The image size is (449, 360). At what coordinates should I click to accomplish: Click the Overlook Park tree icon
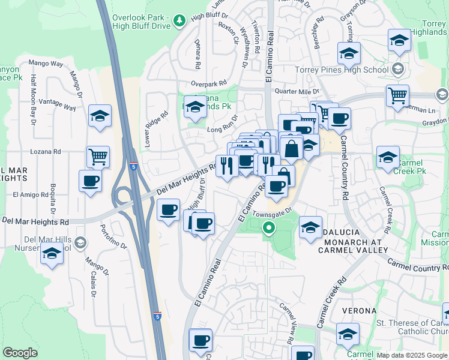[179, 21]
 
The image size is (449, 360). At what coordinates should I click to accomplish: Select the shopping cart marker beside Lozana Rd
[98, 157]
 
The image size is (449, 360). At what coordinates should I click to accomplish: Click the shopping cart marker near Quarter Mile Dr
[397, 96]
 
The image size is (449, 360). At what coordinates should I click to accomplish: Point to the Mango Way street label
[46, 62]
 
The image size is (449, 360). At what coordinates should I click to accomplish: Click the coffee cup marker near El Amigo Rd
[91, 181]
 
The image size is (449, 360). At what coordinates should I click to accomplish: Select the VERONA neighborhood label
[358, 311]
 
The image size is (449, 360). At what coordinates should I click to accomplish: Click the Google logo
[20, 353]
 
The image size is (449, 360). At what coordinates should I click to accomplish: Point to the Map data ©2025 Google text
[411, 355]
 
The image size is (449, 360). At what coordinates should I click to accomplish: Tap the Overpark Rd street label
[209, 83]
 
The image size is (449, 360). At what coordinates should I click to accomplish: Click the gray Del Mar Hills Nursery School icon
[81, 243]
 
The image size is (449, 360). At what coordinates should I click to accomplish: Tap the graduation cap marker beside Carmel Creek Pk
[388, 158]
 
